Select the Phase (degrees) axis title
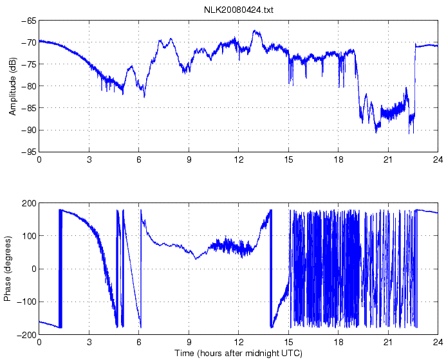click(8, 269)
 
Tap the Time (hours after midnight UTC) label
click(238, 353)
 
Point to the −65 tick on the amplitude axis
click(28, 21)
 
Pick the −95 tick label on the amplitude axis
click(28, 152)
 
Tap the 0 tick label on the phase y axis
click(33, 269)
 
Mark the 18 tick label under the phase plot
click(339, 342)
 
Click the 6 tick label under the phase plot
click(139, 342)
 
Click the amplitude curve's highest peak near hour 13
click(255, 31)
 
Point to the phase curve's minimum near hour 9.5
click(196, 258)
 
